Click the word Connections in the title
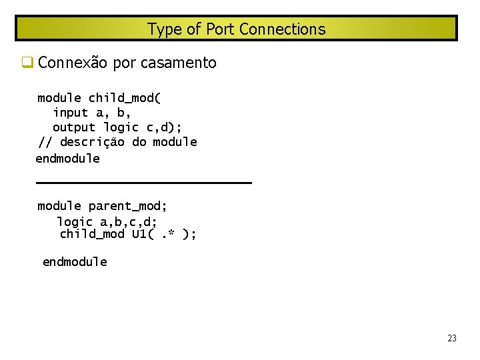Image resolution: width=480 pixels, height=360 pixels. (x=282, y=29)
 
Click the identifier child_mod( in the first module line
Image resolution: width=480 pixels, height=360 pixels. (x=125, y=99)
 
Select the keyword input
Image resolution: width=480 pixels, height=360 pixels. (x=71, y=113)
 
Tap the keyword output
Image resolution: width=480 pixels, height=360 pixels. (x=74, y=127)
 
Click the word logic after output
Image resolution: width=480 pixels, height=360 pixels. (x=121, y=127)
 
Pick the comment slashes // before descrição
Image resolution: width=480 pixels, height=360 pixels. (x=45, y=142)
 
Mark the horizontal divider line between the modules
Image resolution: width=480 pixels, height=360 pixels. (x=143, y=182)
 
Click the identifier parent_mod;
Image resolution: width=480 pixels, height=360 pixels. (x=128, y=206)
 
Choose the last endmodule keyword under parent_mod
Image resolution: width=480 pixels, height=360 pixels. (x=75, y=262)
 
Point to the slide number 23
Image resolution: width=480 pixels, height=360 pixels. (x=452, y=339)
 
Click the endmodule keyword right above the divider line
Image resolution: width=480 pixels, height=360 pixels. (x=68, y=159)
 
